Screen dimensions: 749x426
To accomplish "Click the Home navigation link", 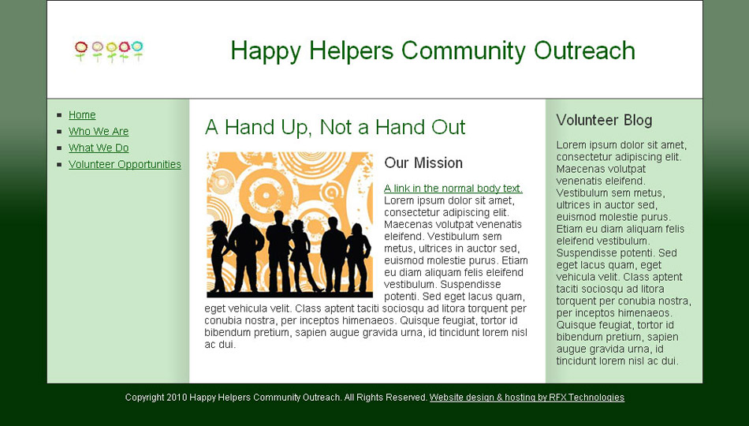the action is pyautogui.click(x=82, y=114).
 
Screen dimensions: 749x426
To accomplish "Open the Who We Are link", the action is pyautogui.click(x=99, y=132).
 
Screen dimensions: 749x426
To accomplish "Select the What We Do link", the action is pyautogui.click(x=99, y=148).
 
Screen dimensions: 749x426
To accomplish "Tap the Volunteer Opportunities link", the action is pyautogui.click(x=125, y=164).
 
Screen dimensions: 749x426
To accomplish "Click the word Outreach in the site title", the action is pyautogui.click(x=584, y=50).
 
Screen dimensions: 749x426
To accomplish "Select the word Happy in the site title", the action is pyautogui.click(x=266, y=51).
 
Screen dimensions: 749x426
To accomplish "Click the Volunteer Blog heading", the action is pyautogui.click(x=604, y=120).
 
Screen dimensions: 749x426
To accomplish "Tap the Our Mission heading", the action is pyautogui.click(x=423, y=163).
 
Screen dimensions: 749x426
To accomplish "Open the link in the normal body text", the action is pyautogui.click(x=453, y=189).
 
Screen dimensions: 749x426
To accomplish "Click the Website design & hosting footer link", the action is pyautogui.click(x=527, y=398).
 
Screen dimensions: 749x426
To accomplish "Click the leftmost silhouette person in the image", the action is pyautogui.click(x=218, y=256).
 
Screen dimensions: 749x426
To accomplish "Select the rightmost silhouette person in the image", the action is pyautogui.click(x=358, y=257).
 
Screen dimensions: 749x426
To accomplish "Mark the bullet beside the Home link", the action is pyautogui.click(x=59, y=114).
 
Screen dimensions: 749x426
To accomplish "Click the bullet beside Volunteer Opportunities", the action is pyautogui.click(x=59, y=164).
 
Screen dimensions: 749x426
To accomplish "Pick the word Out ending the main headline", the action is pyautogui.click(x=448, y=127).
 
